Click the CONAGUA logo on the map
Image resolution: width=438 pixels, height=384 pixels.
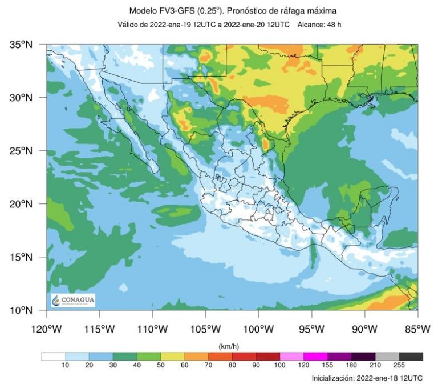pyautogui.click(x=73, y=301)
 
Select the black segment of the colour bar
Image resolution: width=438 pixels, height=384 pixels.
pyautogui.click(x=411, y=357)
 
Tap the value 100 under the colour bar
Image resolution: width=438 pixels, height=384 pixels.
pyautogui.click(x=280, y=365)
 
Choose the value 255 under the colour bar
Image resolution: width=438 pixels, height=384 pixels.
pyautogui.click(x=399, y=365)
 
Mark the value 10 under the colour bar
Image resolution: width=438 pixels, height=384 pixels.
pyautogui.click(x=66, y=365)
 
